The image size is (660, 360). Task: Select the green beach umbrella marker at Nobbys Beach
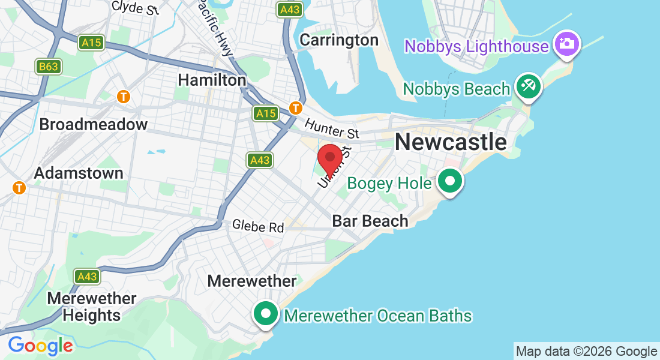click(x=529, y=86)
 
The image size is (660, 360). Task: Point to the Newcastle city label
click(x=451, y=142)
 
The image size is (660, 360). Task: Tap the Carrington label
click(x=339, y=40)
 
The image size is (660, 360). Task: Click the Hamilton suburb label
click(x=212, y=80)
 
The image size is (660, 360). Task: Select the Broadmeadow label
click(x=93, y=125)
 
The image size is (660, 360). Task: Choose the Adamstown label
click(x=79, y=173)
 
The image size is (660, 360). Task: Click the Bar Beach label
click(x=370, y=221)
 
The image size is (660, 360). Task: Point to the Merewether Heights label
click(x=92, y=306)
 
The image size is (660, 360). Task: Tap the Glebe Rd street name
click(x=259, y=227)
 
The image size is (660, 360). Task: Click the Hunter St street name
click(x=331, y=128)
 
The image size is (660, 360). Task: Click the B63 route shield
click(x=48, y=67)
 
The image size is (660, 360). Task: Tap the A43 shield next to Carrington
click(x=290, y=10)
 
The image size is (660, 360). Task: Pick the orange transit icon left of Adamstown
click(x=20, y=188)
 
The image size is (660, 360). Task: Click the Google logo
click(x=40, y=346)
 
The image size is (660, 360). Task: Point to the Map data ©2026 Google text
click(x=586, y=352)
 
